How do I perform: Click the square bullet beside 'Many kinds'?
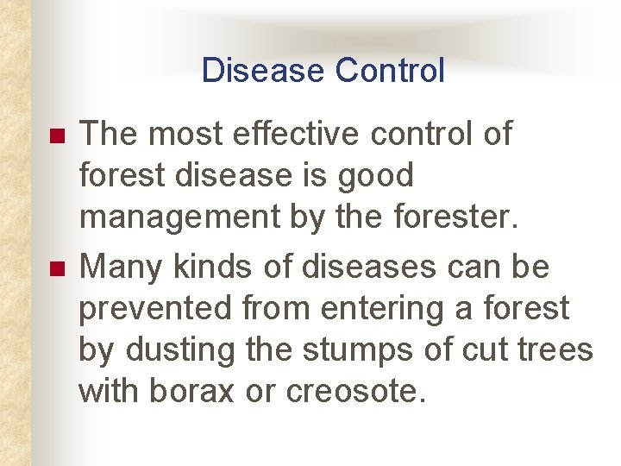coord(57,270)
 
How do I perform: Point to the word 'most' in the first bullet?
coord(177,135)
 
